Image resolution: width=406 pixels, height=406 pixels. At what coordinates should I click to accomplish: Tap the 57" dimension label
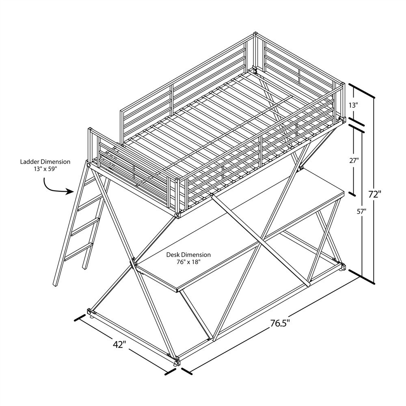362,211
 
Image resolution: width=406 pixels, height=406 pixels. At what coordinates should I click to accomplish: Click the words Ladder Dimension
45,162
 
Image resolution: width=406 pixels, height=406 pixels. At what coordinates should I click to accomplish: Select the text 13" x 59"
45,169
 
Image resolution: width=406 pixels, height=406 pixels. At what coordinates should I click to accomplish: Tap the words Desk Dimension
188,255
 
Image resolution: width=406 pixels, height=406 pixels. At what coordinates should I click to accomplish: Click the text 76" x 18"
188,262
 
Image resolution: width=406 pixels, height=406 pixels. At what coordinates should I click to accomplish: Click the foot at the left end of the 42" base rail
89,313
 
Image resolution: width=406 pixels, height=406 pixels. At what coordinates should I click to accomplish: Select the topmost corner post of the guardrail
255,36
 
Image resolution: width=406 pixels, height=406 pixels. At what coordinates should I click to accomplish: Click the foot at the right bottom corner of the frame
343,268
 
